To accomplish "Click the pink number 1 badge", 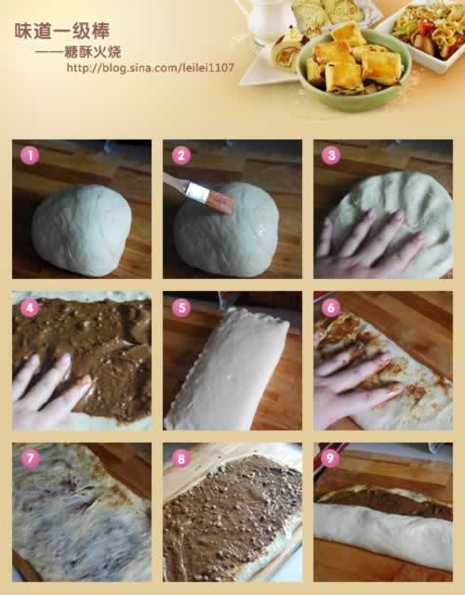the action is (30, 155).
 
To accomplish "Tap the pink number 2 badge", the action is (180, 155).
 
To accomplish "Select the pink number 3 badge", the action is (331, 155).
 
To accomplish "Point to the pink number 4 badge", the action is (30, 308).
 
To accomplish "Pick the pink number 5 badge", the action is (181, 308).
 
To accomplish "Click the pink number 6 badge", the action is (331, 308).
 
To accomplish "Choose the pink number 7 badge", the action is (30, 458).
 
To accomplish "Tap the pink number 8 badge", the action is (180, 458).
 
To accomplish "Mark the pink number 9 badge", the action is (330, 458).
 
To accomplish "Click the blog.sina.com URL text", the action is (151, 68).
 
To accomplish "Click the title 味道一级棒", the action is (62, 31).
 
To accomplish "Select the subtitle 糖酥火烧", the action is (93, 52).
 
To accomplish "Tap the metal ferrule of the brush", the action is (197, 192).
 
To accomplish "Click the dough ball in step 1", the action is (82, 230).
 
